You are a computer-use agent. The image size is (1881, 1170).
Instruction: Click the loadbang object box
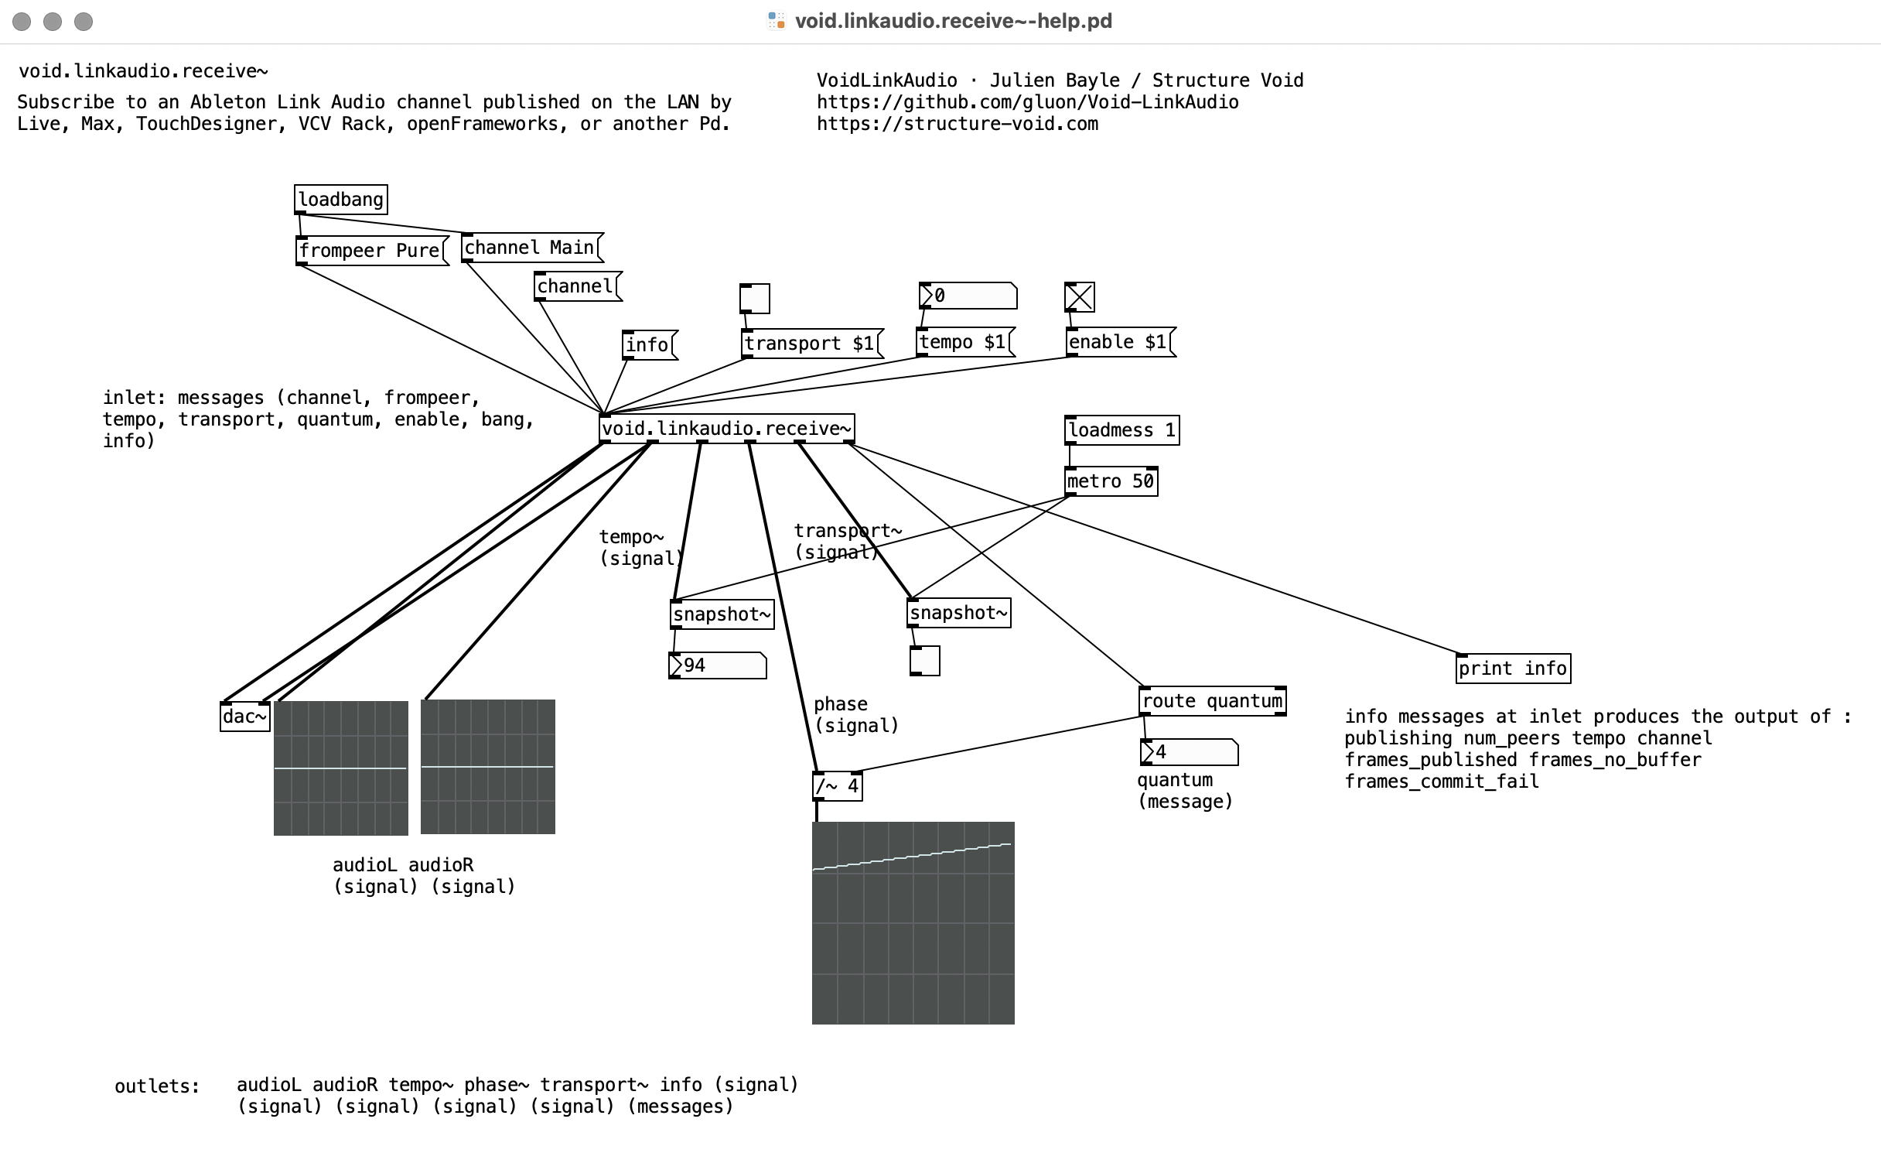pos(340,200)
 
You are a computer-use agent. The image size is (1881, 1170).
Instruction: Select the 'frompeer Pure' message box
pos(372,251)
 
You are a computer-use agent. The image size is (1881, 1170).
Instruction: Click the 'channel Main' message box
pos(532,248)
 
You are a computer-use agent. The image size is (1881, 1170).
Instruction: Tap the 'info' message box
pos(650,344)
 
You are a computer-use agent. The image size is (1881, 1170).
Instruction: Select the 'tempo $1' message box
pos(966,342)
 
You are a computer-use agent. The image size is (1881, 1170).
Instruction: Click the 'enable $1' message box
pos(1121,342)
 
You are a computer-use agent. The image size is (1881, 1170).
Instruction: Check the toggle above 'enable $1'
pos(1080,296)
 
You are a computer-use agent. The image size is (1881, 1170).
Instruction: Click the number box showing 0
pos(968,296)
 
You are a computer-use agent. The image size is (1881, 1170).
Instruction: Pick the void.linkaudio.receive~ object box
pos(727,428)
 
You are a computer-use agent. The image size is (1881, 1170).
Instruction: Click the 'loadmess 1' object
pos(1122,430)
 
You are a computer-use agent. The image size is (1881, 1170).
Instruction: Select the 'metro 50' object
pos(1111,481)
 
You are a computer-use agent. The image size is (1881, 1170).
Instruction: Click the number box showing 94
pos(718,665)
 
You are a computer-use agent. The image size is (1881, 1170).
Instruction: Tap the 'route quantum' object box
pos(1213,701)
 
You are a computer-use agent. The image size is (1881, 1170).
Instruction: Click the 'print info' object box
pos(1513,669)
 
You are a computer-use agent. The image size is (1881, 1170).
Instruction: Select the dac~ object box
pos(245,717)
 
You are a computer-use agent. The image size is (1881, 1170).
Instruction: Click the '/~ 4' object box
pos(838,786)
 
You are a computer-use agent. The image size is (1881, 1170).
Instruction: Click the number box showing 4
pos(1190,752)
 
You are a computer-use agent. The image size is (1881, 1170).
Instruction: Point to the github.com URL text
pos(1028,102)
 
